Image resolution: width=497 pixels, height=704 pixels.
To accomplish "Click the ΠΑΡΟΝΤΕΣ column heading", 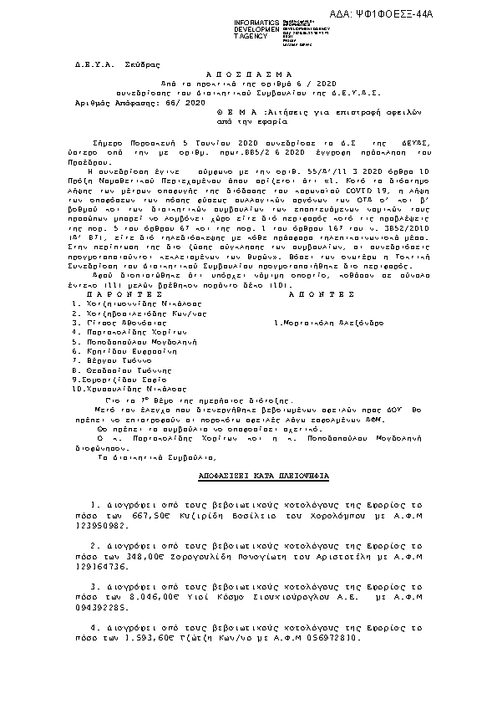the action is tap(114, 295).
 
